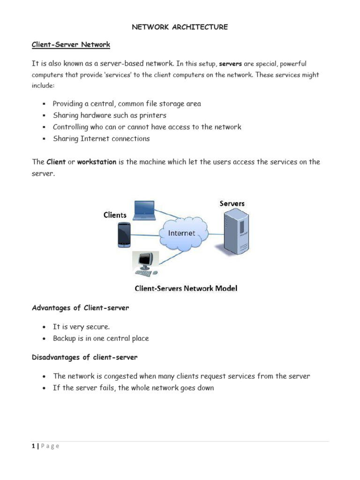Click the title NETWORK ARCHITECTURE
pyautogui.click(x=180, y=27)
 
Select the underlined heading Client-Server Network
pyautogui.click(x=71, y=45)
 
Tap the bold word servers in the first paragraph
pyautogui.click(x=230, y=64)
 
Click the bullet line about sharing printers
pyautogui.click(x=109, y=115)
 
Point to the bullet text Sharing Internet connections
pyautogui.click(x=101, y=139)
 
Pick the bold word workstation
pyautogui.click(x=97, y=162)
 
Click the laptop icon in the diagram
pyautogui.click(x=143, y=210)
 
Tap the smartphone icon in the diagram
pyautogui.click(x=123, y=234)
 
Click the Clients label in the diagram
pyautogui.click(x=115, y=215)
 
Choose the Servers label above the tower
pyautogui.click(x=232, y=203)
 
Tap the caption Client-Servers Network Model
pyautogui.click(x=186, y=288)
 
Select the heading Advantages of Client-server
pyautogui.click(x=80, y=308)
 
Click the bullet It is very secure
pyautogui.click(x=82, y=327)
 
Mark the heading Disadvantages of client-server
pyautogui.click(x=85, y=357)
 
